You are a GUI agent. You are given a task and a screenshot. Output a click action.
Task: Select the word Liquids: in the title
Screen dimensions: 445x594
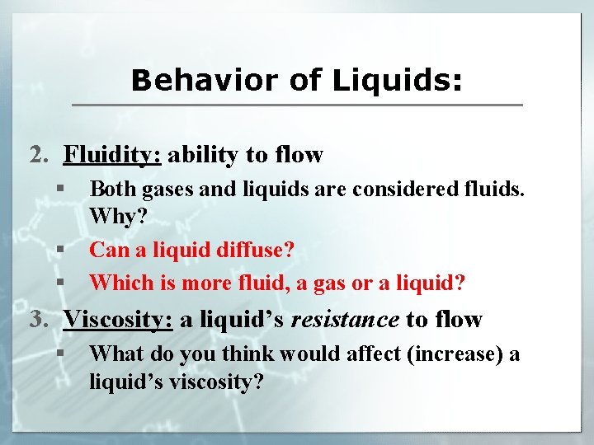point(398,81)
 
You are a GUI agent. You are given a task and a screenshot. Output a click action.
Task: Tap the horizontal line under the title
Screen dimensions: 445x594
point(297,105)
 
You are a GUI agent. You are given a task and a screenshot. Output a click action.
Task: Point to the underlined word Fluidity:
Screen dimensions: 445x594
point(115,154)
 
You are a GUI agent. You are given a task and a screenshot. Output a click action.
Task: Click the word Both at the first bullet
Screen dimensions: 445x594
point(112,190)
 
